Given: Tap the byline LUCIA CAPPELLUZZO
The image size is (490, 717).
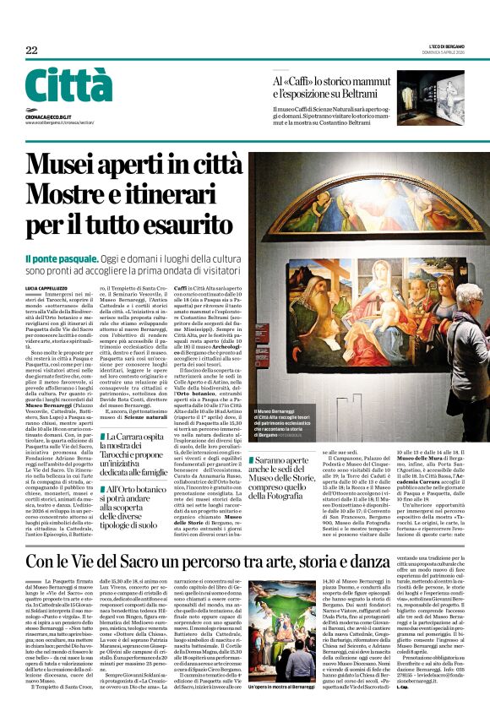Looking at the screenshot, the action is click(x=47, y=288).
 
